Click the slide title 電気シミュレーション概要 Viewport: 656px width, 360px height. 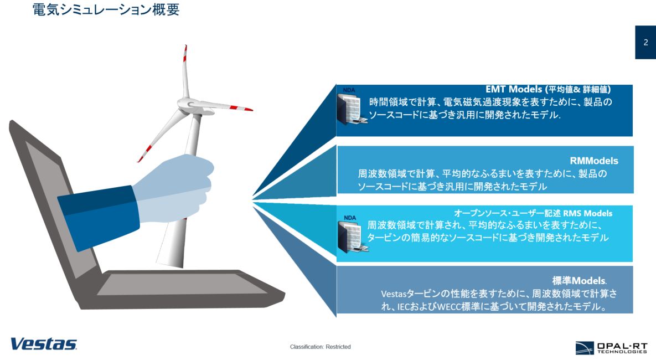(106, 9)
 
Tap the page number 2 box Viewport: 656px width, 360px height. (645, 42)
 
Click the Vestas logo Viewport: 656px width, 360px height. (44, 344)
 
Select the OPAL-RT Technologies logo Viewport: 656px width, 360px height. (611, 347)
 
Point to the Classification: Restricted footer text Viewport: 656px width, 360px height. (320, 347)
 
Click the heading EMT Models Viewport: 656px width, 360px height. (514, 89)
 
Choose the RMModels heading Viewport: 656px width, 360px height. (593, 161)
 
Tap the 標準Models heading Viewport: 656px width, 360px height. (579, 280)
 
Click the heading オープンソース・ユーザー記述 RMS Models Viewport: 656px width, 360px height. (533, 213)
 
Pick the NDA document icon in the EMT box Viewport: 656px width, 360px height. (352, 107)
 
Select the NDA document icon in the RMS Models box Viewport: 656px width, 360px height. (352, 234)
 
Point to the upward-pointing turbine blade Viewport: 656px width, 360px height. (185, 71)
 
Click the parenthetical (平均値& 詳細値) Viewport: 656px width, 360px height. (578, 89)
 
